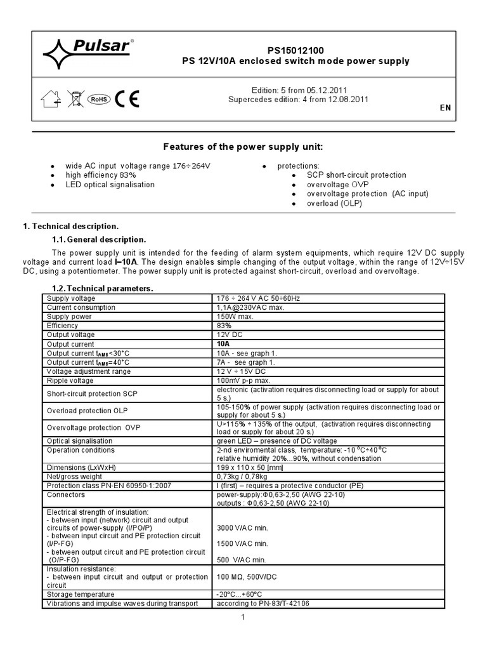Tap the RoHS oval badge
(98, 99)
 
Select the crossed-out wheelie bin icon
(75, 98)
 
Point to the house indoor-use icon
(50, 98)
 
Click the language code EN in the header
(445, 108)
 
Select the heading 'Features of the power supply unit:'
(243, 147)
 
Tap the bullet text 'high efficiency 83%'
(101, 175)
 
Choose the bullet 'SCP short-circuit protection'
(356, 175)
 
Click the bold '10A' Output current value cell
(223, 343)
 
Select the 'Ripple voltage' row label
(70, 380)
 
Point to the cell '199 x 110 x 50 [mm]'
(251, 467)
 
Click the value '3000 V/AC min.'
(242, 527)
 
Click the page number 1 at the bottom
(243, 617)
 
